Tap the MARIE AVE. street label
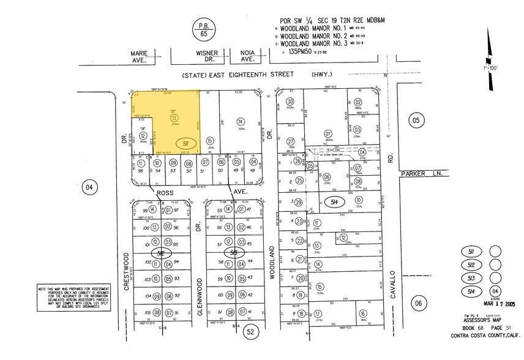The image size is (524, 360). tap(140, 56)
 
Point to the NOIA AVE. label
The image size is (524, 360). tap(247, 56)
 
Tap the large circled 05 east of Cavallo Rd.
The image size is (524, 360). tap(416, 120)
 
